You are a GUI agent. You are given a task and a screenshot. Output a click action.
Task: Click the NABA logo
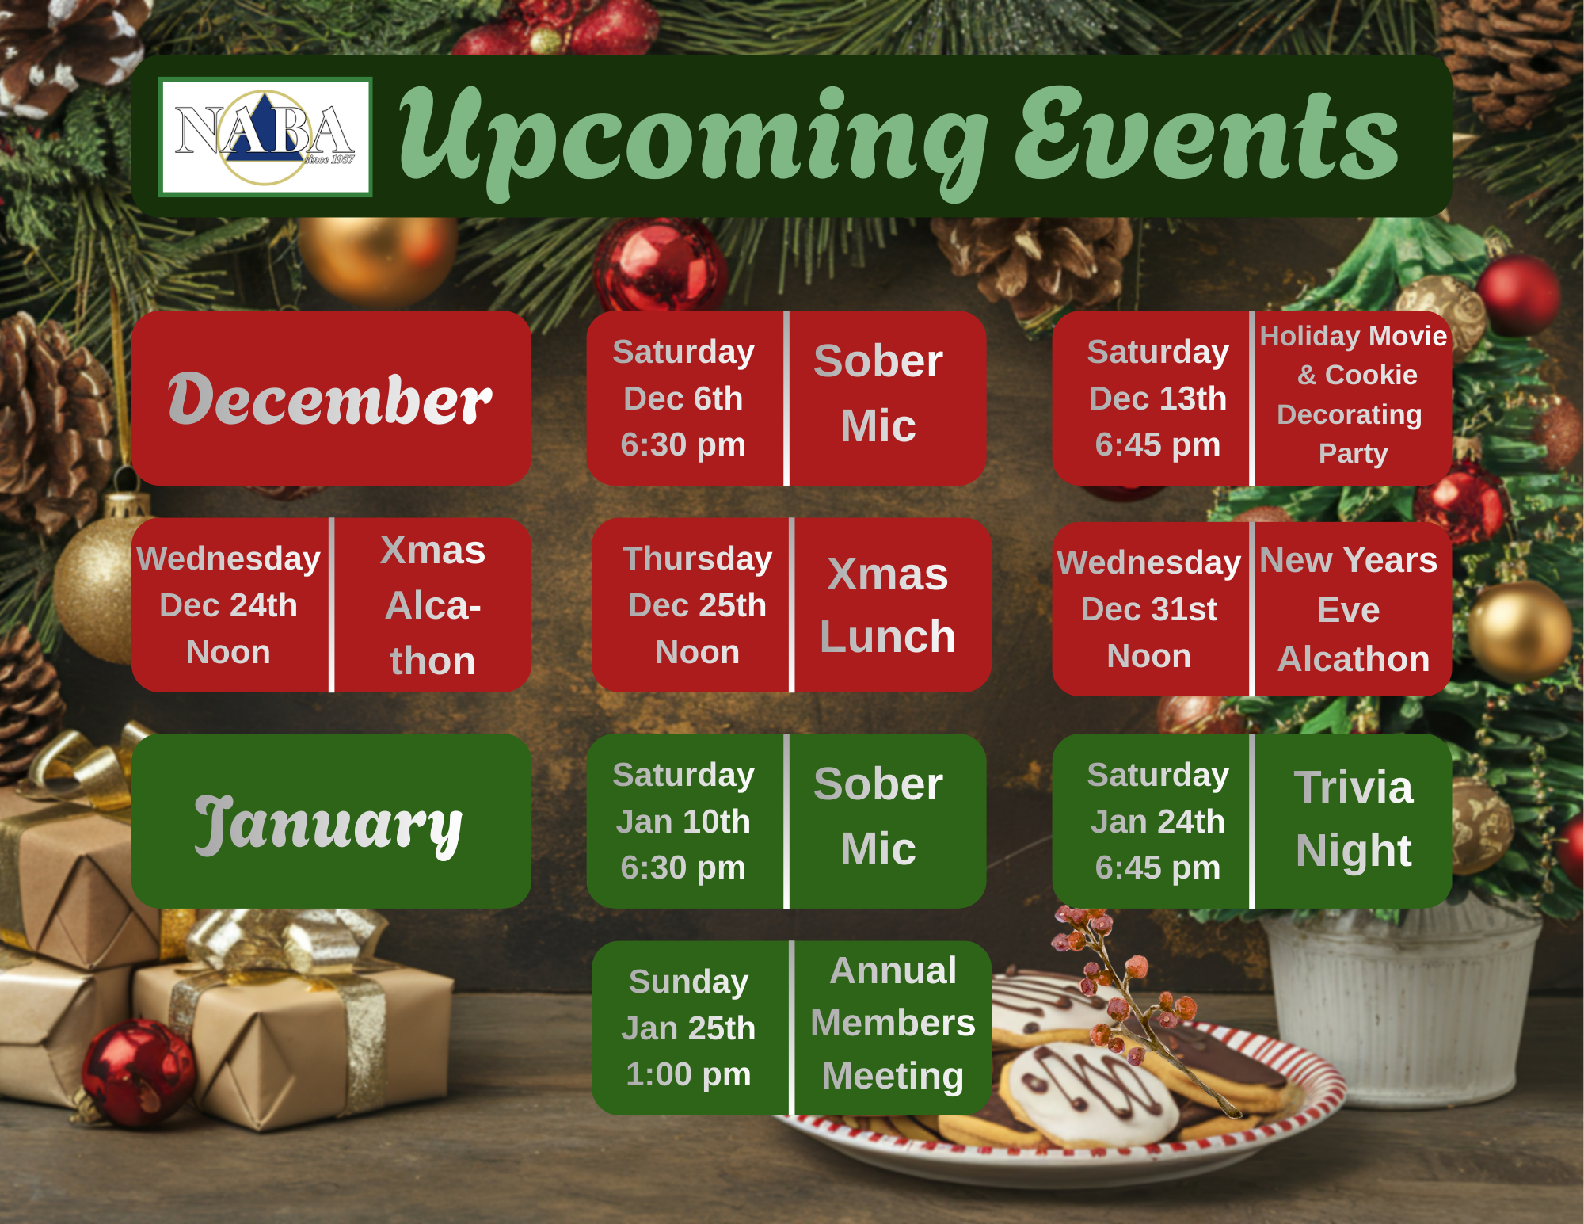pos(265,136)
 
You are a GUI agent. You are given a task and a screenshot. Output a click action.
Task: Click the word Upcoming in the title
pos(694,139)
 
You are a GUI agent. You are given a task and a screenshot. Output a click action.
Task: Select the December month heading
pos(329,398)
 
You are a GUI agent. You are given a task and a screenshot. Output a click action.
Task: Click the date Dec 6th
pos(683,398)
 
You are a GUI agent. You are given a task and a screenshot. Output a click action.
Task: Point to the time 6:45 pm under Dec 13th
pos(1157,444)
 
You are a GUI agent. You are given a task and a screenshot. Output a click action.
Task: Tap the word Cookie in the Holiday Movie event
pos(1371,375)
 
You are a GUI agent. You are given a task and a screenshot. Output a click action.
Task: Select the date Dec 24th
pos(228,605)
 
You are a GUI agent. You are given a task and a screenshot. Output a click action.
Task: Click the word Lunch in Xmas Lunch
pos(888,636)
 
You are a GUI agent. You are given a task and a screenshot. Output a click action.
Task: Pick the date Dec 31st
pos(1148,609)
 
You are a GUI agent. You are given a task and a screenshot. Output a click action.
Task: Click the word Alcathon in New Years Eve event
pos(1354,659)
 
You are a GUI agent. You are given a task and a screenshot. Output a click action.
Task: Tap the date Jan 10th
pos(683,822)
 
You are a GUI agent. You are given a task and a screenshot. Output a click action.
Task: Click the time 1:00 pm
pos(688,1074)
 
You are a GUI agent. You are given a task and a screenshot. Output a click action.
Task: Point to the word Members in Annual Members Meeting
pos(893,1023)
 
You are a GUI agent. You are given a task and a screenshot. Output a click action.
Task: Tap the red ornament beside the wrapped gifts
pos(139,1073)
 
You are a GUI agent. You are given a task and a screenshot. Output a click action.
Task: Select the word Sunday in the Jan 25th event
pos(688,982)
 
